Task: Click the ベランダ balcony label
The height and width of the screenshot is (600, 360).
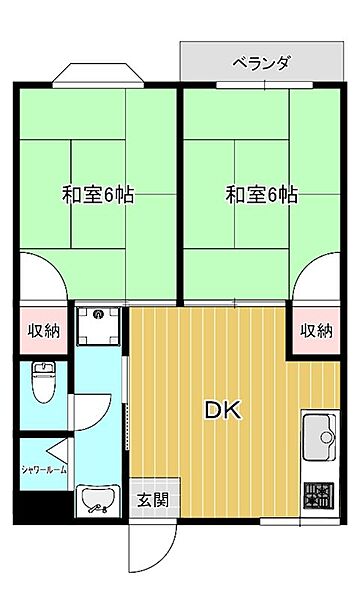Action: pyautogui.click(x=261, y=64)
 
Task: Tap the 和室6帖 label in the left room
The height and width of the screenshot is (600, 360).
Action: pyautogui.click(x=98, y=194)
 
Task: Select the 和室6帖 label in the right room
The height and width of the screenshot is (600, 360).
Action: pyautogui.click(x=261, y=194)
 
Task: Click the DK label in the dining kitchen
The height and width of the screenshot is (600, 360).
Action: pyautogui.click(x=222, y=410)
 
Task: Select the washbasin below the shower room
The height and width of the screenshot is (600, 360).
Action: pyautogui.click(x=98, y=500)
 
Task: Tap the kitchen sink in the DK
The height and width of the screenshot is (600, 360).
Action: pyautogui.click(x=321, y=436)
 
